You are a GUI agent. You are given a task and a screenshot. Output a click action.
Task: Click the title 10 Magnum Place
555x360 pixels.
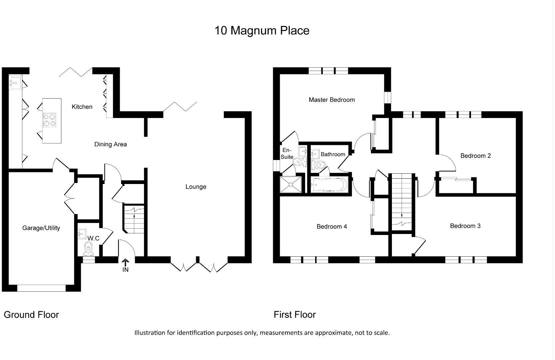(x=262, y=31)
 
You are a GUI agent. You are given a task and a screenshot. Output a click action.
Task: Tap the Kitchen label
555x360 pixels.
(x=82, y=107)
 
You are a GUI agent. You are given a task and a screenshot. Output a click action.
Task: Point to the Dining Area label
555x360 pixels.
(x=110, y=144)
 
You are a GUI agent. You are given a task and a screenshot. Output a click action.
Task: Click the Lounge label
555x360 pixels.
(x=196, y=187)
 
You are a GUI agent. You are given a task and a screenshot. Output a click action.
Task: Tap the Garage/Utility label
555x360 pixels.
(x=41, y=228)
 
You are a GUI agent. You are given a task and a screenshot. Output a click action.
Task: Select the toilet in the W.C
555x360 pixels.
(x=88, y=247)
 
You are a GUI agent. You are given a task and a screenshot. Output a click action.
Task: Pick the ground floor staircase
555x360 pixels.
(x=134, y=219)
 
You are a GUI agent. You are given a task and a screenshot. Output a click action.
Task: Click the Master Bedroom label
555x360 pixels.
(x=332, y=100)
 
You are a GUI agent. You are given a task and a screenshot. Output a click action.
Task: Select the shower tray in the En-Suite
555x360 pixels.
(x=292, y=184)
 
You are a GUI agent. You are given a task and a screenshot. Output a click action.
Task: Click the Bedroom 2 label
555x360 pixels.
(x=475, y=156)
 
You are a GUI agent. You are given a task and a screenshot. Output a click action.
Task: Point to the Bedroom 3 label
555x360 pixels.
(x=465, y=226)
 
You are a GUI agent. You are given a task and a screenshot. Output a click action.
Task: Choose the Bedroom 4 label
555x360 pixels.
(x=332, y=227)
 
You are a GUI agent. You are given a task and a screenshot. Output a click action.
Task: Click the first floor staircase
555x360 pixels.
(x=402, y=200)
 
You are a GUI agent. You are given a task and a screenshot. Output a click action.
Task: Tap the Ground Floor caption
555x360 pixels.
(x=31, y=315)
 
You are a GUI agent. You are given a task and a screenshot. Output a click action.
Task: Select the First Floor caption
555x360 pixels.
(x=295, y=315)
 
